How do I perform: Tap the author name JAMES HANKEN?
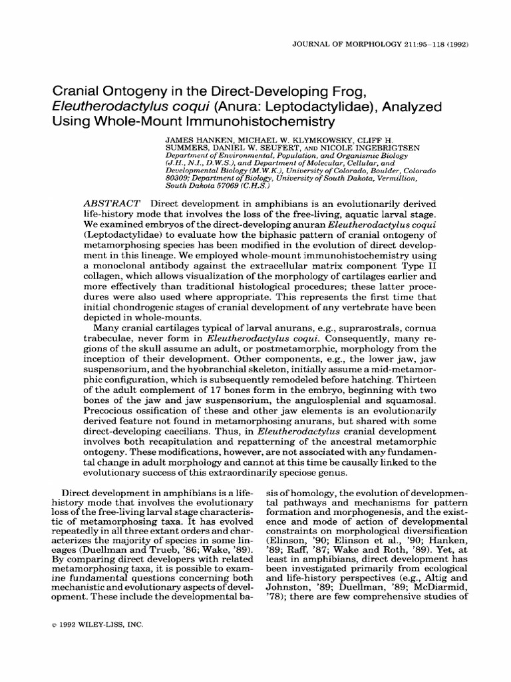(x=192, y=141)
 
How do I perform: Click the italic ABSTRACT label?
(x=112, y=202)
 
